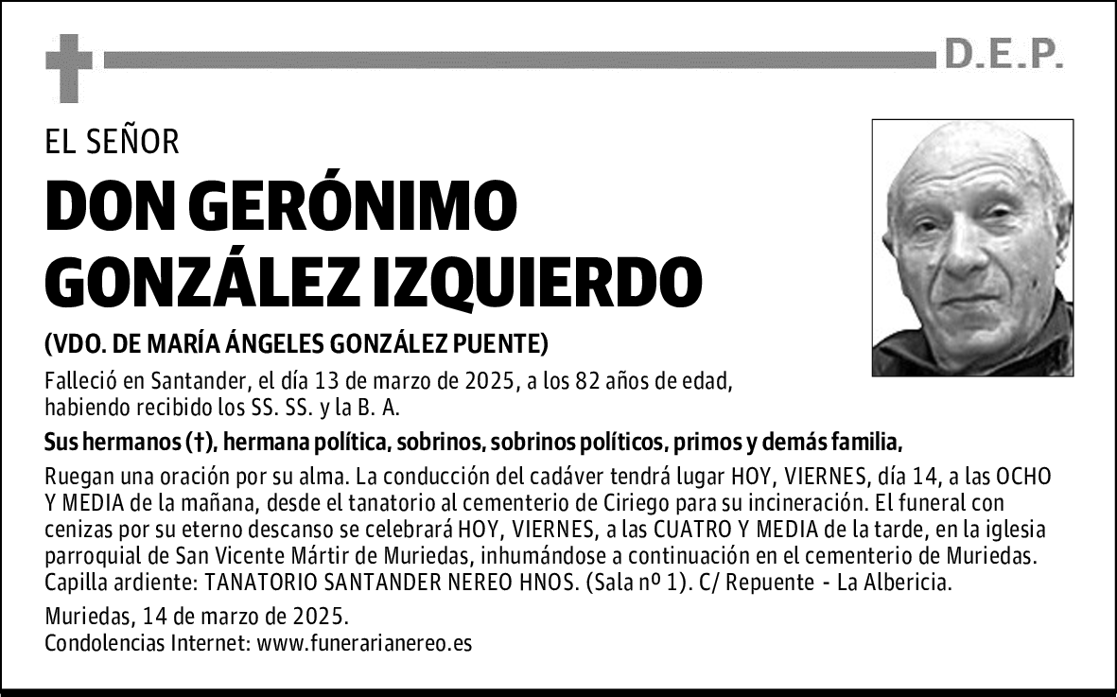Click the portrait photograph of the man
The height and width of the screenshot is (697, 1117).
click(x=972, y=248)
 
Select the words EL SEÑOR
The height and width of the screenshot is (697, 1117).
click(x=112, y=142)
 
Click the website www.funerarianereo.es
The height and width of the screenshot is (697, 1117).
click(x=364, y=644)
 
